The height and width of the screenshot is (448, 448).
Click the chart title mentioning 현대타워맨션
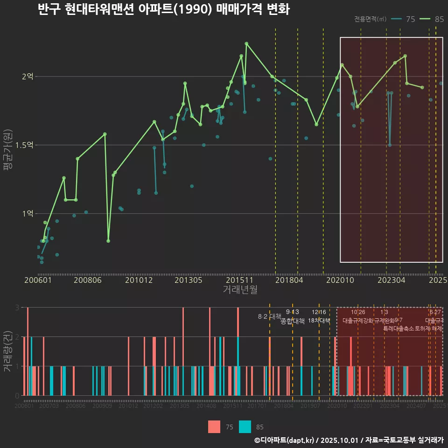163,9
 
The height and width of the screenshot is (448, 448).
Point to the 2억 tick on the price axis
27,77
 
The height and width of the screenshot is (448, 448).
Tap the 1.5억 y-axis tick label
24,145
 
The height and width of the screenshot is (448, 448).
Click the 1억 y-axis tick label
27,214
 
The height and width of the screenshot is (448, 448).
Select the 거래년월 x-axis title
240,289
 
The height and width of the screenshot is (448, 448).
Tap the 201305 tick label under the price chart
188,280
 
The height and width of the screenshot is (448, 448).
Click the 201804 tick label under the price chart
289,280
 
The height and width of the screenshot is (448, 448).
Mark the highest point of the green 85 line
246,43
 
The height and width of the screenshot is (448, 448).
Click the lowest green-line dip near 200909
108,241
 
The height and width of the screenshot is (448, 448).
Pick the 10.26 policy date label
358,312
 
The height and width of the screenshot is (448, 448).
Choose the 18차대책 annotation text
319,321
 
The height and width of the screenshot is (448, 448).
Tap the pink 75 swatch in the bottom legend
214,427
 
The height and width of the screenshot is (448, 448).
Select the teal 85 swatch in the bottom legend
245,427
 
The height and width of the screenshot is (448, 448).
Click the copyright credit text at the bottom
349,440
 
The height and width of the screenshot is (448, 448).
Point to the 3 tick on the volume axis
17,308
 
